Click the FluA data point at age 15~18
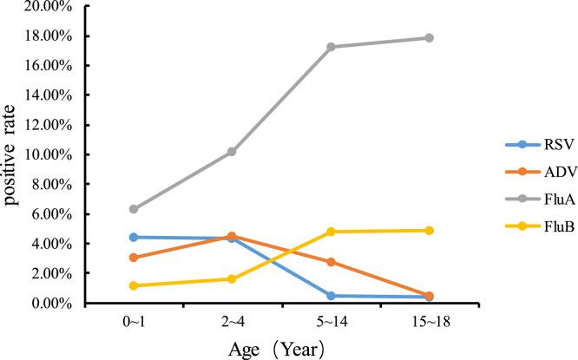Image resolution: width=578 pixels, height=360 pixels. tap(429, 38)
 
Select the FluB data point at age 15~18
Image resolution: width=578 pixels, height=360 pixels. tap(429, 231)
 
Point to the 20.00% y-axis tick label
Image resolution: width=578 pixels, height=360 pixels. tap(50, 6)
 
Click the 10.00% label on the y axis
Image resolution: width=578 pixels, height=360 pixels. tap(50, 154)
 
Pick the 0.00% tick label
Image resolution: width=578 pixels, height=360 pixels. tap(53, 303)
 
